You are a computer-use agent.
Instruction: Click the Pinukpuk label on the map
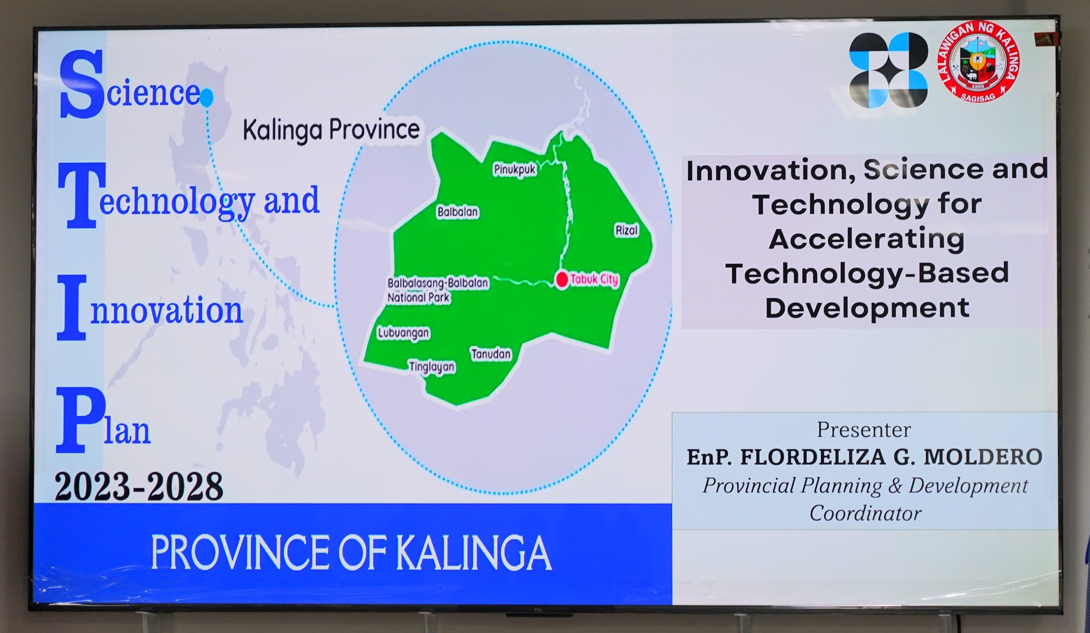pos(515,170)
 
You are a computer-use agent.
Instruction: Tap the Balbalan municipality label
pos(458,212)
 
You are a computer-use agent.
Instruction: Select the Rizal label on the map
pos(626,231)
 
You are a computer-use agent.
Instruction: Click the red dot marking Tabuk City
pos(562,279)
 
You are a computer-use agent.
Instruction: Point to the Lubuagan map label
pos(403,333)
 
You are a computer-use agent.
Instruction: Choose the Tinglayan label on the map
pos(432,367)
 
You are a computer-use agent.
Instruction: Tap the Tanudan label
pos(491,354)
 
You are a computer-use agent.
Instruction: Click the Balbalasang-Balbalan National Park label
pos(437,290)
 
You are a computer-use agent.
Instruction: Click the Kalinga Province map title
pos(331,130)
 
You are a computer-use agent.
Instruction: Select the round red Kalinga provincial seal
pos(978,62)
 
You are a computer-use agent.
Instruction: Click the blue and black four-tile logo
pos(888,70)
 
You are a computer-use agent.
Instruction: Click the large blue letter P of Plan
pos(79,420)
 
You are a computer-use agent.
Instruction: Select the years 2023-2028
pos(139,486)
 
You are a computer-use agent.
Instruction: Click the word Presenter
pos(864,430)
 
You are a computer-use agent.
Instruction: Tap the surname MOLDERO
pos(982,457)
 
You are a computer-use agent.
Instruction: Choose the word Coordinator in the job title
pos(865,513)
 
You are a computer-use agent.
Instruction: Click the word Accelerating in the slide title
pos(866,239)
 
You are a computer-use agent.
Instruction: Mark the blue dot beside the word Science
pos(207,97)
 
